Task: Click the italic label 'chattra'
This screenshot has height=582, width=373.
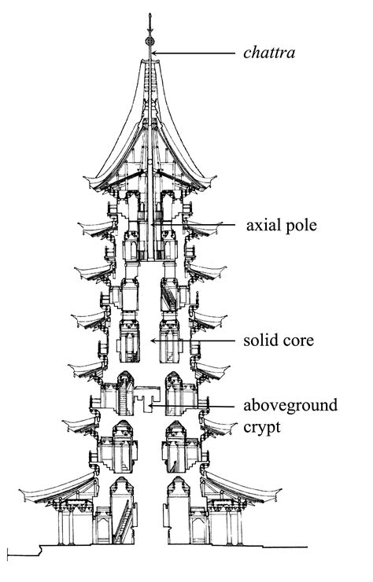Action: pyautogui.click(x=269, y=53)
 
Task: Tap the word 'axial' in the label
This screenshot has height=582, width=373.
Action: pyautogui.click(x=260, y=225)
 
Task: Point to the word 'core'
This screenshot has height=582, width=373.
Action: pyautogui.click(x=298, y=341)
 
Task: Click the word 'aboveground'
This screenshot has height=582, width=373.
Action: pyautogui.click(x=290, y=406)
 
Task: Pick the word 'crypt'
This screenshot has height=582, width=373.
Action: pyautogui.click(x=262, y=428)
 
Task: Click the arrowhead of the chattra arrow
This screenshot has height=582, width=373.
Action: pyautogui.click(x=153, y=53)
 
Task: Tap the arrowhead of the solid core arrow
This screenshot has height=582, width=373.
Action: pyautogui.click(x=153, y=341)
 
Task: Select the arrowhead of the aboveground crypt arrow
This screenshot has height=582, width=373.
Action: pyautogui.click(x=151, y=406)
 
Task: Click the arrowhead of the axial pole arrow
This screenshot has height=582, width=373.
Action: pyautogui.click(x=153, y=225)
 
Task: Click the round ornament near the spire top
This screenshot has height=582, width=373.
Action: pyautogui.click(x=150, y=41)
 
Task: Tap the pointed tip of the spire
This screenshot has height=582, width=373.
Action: pyautogui.click(x=150, y=15)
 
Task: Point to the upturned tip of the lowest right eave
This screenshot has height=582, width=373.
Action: pyautogui.click(x=279, y=492)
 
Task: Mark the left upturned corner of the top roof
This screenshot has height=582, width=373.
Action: pyautogui.click(x=85, y=179)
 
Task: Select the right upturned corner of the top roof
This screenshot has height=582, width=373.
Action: pyautogui.click(x=215, y=178)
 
